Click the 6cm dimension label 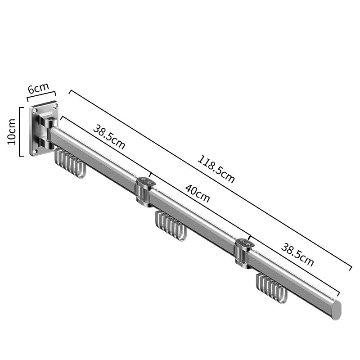pyautogui.click(x=38, y=88)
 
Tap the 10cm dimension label pyautogui.click(x=12, y=132)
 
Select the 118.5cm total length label pyautogui.click(x=216, y=170)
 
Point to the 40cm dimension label pyautogui.click(x=198, y=194)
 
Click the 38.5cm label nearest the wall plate pyautogui.click(x=109, y=137)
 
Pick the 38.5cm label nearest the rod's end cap pyautogui.click(x=297, y=255)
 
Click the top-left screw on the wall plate pyautogui.click(x=35, y=111)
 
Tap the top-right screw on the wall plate pyautogui.click(x=54, y=106)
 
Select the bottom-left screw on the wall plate pyautogui.click(x=35, y=152)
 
